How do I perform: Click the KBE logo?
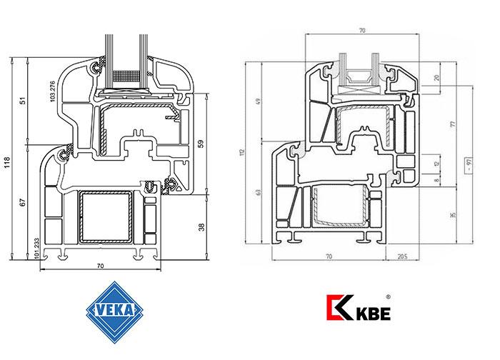355,311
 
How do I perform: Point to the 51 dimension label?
23,101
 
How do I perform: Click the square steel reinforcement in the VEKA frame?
106,217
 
